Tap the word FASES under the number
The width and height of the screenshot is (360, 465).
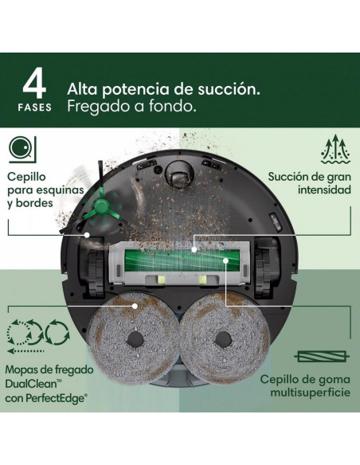click(35, 107)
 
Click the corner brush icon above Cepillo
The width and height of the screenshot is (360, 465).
click(22, 150)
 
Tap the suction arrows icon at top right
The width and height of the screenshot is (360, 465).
click(335, 149)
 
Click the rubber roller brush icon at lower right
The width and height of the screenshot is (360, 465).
click(322, 356)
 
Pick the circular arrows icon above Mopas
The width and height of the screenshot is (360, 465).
click(38, 336)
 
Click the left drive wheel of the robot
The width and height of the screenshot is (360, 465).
click(94, 274)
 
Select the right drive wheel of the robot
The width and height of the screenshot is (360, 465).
click(263, 273)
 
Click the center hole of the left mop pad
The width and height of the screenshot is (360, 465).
click(135, 338)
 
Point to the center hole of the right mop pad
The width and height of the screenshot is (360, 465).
click(223, 338)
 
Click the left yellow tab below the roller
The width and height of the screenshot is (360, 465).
click(162, 279)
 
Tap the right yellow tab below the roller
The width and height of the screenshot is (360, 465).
click(203, 279)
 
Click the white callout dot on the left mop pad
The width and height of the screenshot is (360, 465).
click(135, 306)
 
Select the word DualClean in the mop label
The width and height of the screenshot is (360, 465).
click(30, 384)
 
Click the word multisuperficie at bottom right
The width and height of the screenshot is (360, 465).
click(310, 393)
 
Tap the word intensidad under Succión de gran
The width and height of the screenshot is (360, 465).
click(324, 190)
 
